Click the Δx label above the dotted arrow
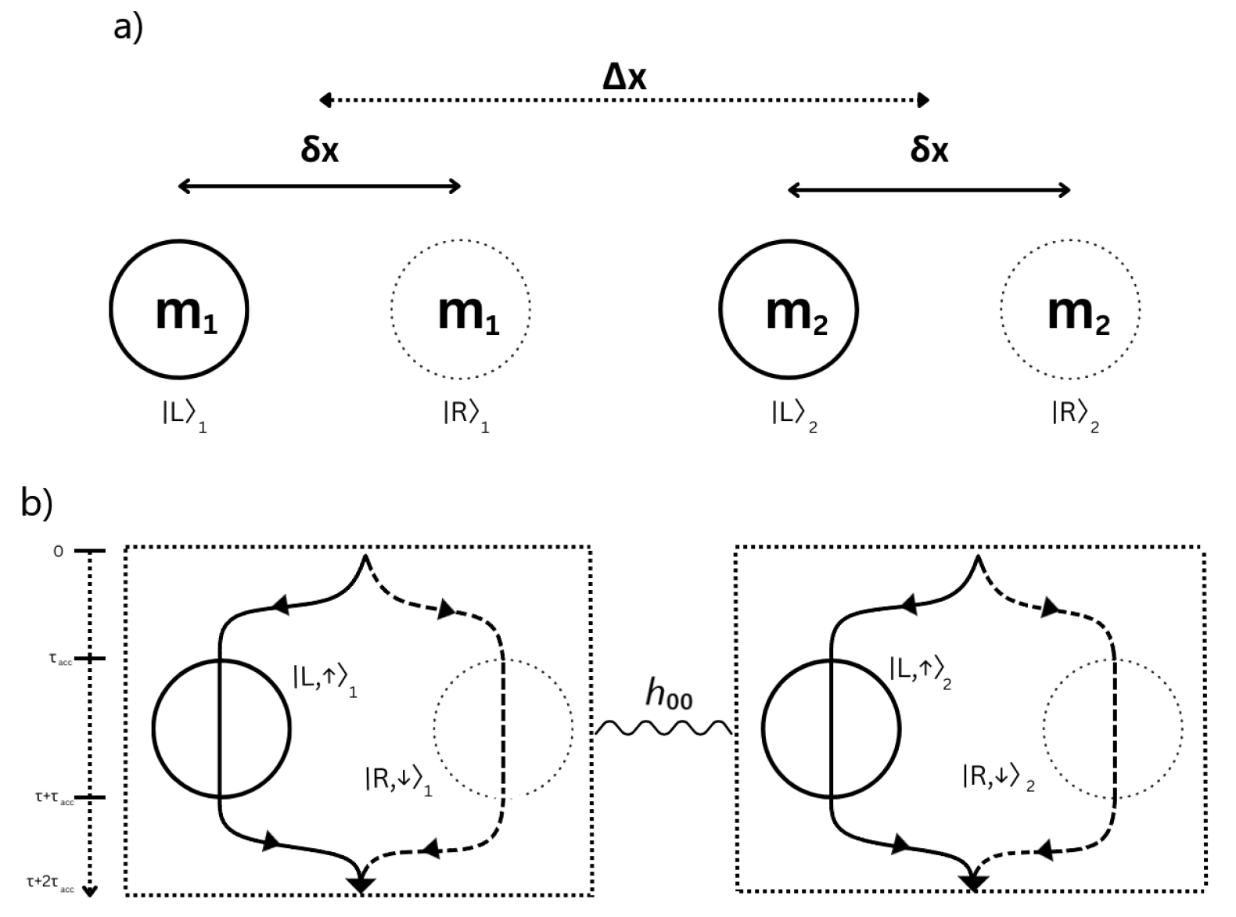point(625,77)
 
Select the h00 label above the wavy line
point(669,694)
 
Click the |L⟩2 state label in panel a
point(794,415)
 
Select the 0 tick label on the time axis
point(57,552)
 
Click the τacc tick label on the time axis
point(60,660)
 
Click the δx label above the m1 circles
point(320,150)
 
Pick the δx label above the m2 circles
point(929,150)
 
